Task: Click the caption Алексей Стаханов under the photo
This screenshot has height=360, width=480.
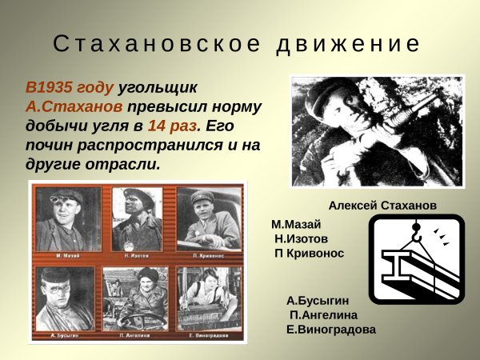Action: (382, 205)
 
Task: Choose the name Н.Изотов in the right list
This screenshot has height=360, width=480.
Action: (301, 238)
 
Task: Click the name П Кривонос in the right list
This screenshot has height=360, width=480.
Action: (309, 253)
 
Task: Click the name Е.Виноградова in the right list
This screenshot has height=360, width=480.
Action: (330, 329)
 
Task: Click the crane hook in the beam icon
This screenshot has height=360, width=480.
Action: (415, 233)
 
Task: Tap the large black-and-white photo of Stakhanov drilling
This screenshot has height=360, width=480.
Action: (366, 131)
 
